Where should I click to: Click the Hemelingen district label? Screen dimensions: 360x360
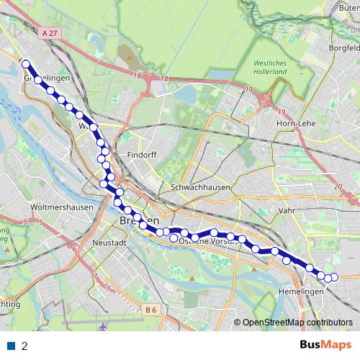pyautogui.click(x=300, y=292)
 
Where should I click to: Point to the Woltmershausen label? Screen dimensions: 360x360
pyautogui.click(x=55, y=207)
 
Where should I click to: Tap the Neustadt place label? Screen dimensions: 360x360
pyautogui.click(x=109, y=243)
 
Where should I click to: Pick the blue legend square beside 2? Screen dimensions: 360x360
pyautogui.click(x=12, y=346)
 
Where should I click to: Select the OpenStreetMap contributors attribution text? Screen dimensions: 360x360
pyautogui.click(x=297, y=323)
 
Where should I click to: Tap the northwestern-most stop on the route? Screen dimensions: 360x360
pyautogui.click(x=25, y=63)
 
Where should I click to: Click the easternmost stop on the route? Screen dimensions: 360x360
pyautogui.click(x=333, y=277)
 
